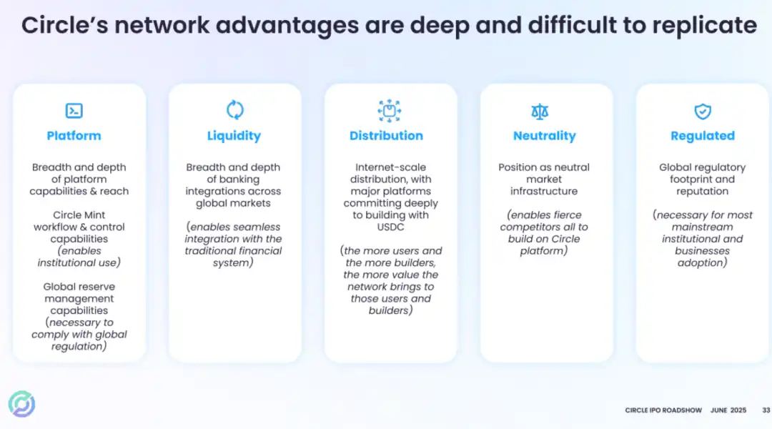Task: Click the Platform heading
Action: click(74, 135)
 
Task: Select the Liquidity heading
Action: click(234, 136)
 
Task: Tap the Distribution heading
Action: click(386, 135)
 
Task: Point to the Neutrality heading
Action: click(544, 136)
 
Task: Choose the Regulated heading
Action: click(703, 136)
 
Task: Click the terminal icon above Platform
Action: click(74, 111)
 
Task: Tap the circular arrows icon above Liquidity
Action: click(235, 110)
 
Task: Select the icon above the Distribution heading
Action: click(390, 111)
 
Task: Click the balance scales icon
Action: click(540, 112)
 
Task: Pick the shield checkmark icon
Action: click(703, 112)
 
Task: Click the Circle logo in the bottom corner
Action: click(21, 404)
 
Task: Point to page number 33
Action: click(766, 410)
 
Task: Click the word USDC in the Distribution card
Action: click(390, 227)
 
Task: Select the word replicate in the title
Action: click(705, 26)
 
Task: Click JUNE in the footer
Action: click(719, 410)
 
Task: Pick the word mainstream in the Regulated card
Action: click(703, 227)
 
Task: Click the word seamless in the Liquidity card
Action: click(256, 227)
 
